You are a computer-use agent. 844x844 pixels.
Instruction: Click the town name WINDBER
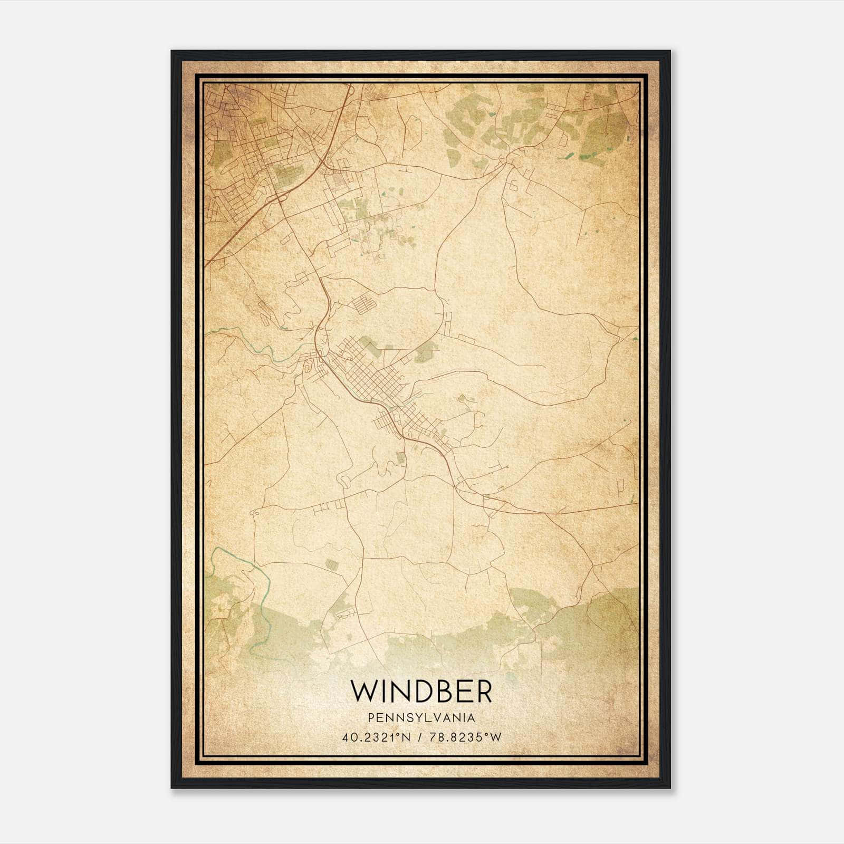[x=421, y=692]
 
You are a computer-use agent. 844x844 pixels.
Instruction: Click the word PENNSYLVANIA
[x=421, y=718]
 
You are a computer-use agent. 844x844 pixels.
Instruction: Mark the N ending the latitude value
[x=406, y=737]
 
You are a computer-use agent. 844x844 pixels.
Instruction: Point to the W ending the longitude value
[x=496, y=737]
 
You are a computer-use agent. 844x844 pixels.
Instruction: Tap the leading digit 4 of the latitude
[x=346, y=737]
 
